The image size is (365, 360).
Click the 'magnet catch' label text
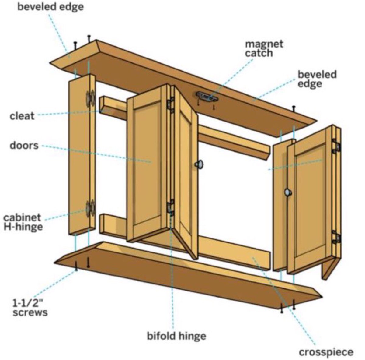[x=264, y=48]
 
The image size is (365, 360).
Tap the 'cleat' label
[x=22, y=116]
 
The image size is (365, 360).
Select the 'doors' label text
[x=24, y=145]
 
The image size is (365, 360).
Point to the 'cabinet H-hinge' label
[x=23, y=222]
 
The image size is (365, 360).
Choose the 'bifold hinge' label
[x=176, y=336]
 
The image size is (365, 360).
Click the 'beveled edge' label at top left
[x=50, y=7]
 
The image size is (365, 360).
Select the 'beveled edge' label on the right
[x=317, y=79]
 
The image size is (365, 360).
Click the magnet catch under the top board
[x=207, y=97]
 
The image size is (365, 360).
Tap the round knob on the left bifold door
[x=200, y=164]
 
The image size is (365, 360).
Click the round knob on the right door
[x=288, y=192]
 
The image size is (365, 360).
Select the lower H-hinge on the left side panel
[x=90, y=209]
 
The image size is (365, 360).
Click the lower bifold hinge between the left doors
[x=171, y=208]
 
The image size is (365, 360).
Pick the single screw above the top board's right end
[x=294, y=108]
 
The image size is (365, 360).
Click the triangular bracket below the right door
[x=328, y=268]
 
